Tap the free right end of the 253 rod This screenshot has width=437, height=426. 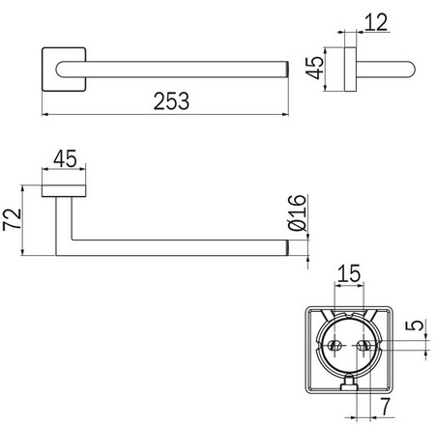click(x=286, y=69)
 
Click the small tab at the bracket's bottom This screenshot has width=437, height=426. click(x=350, y=388)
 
